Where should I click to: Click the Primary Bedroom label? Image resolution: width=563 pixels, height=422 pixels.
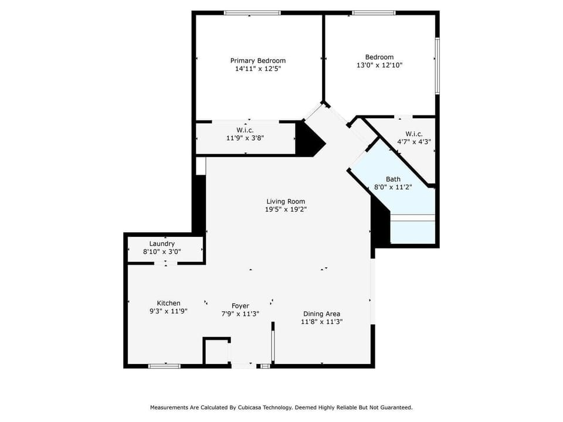257,60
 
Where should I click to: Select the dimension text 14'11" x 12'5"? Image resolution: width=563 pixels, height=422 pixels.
257,69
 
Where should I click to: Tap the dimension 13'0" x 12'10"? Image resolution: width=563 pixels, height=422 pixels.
379,65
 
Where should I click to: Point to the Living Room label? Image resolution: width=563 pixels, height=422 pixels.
286,201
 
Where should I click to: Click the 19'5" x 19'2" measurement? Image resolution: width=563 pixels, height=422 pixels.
286,209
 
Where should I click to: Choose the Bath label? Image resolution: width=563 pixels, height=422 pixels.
393,179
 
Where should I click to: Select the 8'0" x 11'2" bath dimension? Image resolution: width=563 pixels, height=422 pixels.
393,188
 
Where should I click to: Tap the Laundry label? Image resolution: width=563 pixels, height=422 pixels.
162,244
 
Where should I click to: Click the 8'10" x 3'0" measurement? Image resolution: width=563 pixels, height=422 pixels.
162,252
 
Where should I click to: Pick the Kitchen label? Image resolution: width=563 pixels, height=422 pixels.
168,303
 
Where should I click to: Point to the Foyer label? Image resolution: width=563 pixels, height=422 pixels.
240,306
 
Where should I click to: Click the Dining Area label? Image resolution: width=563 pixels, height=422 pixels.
321,314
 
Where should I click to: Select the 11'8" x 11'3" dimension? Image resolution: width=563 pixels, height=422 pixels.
321,322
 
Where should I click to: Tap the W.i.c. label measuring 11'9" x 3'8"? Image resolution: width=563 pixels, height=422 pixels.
245,130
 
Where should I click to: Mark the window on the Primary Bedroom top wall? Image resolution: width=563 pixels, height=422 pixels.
252,12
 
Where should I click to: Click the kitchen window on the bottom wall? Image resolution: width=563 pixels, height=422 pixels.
164,366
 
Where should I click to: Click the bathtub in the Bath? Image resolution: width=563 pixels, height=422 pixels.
413,229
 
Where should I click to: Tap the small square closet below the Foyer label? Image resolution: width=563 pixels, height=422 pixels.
216,352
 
